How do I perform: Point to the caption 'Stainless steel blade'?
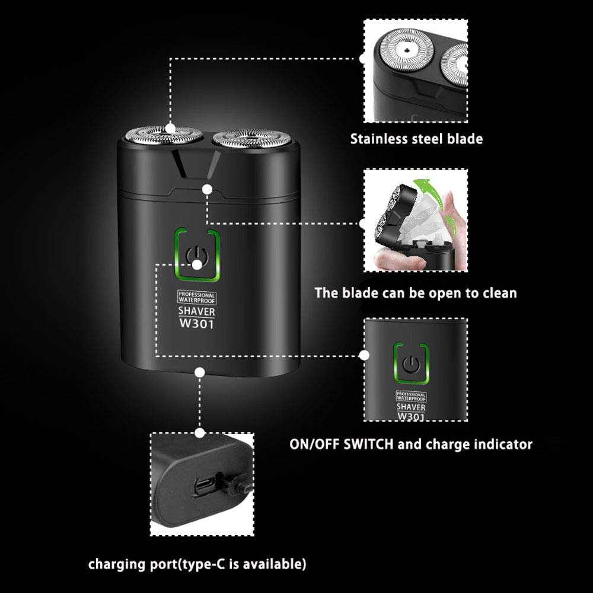[x=416, y=139]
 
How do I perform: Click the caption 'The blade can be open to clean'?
[x=416, y=292]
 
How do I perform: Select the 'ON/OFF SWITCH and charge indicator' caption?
[x=411, y=444]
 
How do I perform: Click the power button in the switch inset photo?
[x=410, y=363]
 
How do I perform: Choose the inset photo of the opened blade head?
[x=416, y=223]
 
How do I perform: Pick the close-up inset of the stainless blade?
[x=416, y=68]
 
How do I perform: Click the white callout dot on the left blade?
[x=171, y=127]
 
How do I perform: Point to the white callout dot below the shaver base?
[x=200, y=372]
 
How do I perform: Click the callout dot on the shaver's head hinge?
[x=207, y=189]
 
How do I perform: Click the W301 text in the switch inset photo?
[x=410, y=416]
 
